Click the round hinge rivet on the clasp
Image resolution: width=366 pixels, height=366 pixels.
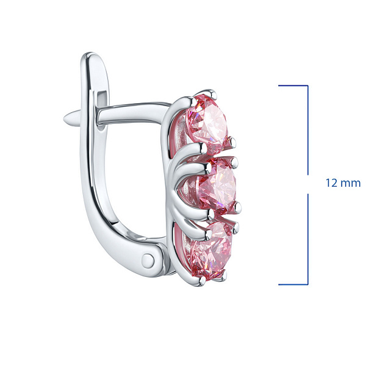[x=148, y=260]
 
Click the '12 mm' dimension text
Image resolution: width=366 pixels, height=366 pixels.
[x=343, y=183]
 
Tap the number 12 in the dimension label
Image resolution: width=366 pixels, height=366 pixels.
[x=331, y=183]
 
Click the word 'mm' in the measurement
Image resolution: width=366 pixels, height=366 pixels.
[x=351, y=183]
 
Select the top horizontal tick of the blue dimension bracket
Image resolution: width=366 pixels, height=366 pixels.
[x=293, y=85]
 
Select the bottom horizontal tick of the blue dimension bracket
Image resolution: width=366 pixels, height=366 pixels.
[x=293, y=284]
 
